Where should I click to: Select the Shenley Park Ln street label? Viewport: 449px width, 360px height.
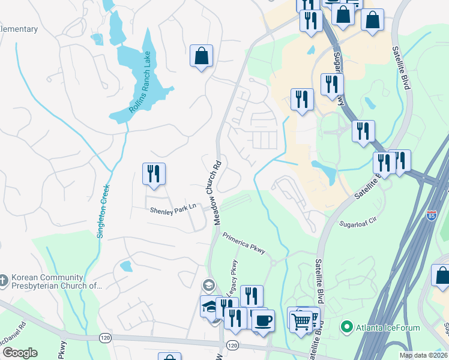[173, 208]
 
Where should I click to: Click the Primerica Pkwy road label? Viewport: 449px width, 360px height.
[244, 243]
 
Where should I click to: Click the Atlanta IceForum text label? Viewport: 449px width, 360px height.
[384, 327]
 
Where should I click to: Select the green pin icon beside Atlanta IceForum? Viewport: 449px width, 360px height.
[346, 327]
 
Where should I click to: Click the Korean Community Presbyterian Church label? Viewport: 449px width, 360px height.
[54, 281]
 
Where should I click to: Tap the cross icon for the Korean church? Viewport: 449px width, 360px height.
[4, 280]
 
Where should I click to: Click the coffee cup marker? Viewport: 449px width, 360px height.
[263, 319]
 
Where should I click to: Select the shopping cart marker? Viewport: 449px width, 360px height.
[301, 319]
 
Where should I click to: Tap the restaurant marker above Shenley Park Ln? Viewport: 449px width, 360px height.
[154, 174]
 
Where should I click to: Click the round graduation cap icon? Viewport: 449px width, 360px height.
[209, 284]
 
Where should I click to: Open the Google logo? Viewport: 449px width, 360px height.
[20, 353]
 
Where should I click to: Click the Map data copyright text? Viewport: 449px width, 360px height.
[423, 355]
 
